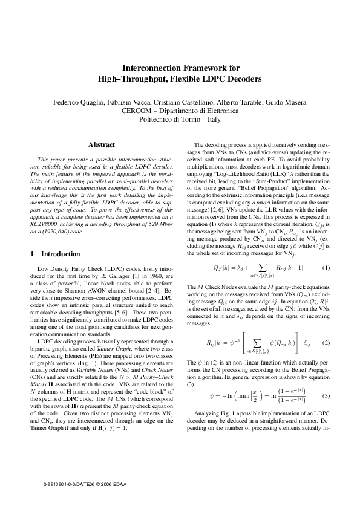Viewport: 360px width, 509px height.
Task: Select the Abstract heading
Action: point(102,145)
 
